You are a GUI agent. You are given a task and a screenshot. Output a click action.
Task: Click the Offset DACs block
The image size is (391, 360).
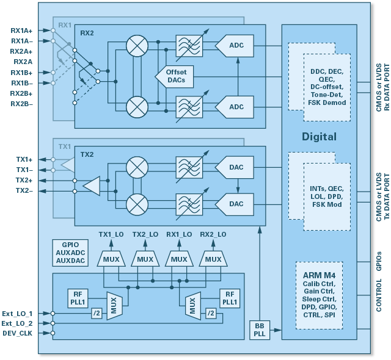pos(172,76)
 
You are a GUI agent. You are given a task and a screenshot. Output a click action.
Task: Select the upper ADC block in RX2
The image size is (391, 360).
pos(236,45)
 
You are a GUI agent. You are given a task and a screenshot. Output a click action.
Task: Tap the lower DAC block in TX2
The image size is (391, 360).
pos(236,204)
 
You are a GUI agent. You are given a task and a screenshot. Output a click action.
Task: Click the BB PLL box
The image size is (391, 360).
pos(259,330)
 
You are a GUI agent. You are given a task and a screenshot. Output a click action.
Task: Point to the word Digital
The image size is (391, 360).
pos(319,137)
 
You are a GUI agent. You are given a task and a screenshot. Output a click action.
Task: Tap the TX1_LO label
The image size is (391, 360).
pos(111,234)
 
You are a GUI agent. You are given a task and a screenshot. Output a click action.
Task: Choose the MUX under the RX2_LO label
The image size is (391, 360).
pos(213,259)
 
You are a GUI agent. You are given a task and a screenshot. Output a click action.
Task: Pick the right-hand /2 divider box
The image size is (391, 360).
pos(210,314)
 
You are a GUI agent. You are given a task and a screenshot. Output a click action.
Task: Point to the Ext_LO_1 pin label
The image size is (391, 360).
pos(17,314)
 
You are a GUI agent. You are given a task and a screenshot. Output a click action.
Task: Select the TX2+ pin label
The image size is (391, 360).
pos(25,181)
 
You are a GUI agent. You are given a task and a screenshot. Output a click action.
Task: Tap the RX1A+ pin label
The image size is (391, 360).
pos(22,30)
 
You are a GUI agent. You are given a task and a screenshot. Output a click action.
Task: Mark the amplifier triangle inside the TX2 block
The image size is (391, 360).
pos(92,185)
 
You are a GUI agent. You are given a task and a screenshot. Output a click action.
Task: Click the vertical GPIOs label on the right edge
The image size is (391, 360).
pos(380,261)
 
